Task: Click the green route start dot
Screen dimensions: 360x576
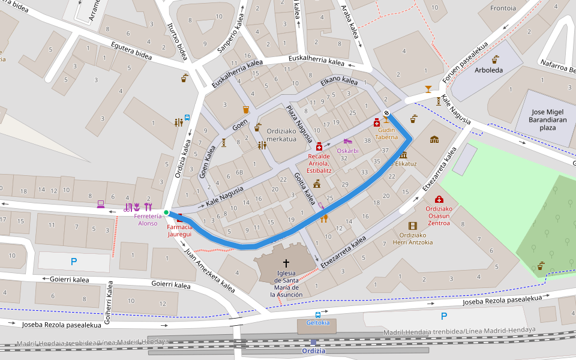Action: point(166,212)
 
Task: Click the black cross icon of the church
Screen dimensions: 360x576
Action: point(286,263)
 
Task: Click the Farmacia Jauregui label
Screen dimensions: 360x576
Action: point(179,231)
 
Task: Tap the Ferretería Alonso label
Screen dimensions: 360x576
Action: point(148,219)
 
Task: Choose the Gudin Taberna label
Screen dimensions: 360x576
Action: point(386,133)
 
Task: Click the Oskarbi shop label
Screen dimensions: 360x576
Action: point(347,151)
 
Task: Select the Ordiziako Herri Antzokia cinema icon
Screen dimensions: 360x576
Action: point(412,226)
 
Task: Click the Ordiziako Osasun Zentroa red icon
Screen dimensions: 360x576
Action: point(439,199)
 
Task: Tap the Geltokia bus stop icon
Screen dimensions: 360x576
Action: point(318,314)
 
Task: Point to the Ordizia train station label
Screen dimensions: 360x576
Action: point(313,351)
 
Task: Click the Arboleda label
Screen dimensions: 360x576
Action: point(488,70)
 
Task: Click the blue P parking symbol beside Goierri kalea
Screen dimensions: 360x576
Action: point(74,262)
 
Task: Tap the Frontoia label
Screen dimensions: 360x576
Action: point(503,8)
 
